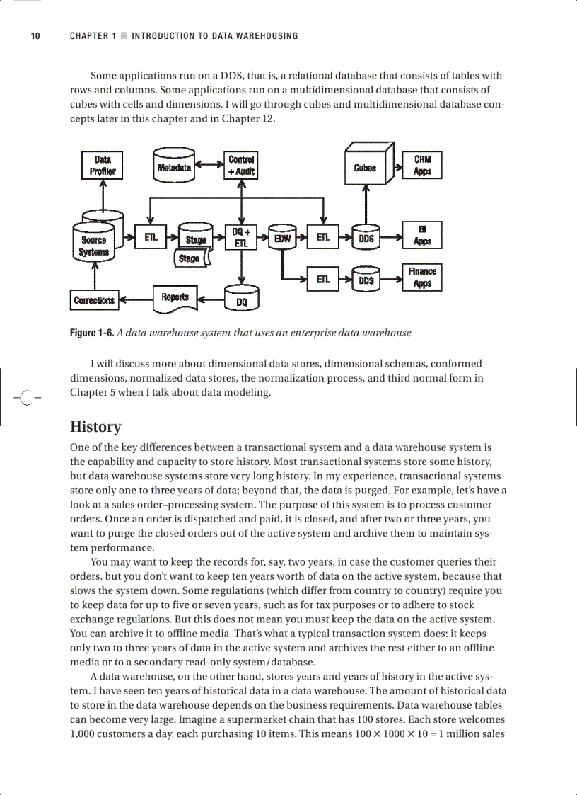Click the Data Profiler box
pyautogui.click(x=103, y=165)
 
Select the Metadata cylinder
pyautogui.click(x=174, y=167)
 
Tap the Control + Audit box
pyautogui.click(x=242, y=165)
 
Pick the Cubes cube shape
pyautogui.click(x=366, y=167)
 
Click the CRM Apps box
pyautogui.click(x=422, y=165)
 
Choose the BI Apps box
pyautogui.click(x=422, y=235)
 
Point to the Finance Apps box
pyautogui.click(x=422, y=277)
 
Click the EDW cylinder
pyautogui.click(x=282, y=239)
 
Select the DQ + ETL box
pyautogui.click(x=242, y=237)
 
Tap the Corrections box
pyautogui.click(x=94, y=300)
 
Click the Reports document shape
pyautogui.click(x=175, y=298)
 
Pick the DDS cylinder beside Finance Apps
pyautogui.click(x=366, y=280)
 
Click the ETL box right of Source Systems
pyautogui.click(x=151, y=238)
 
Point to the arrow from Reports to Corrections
pyautogui.click(x=136, y=300)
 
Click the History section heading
pyautogui.click(x=95, y=427)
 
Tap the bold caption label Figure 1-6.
pyautogui.click(x=91, y=333)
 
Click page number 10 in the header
pyautogui.click(x=35, y=36)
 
